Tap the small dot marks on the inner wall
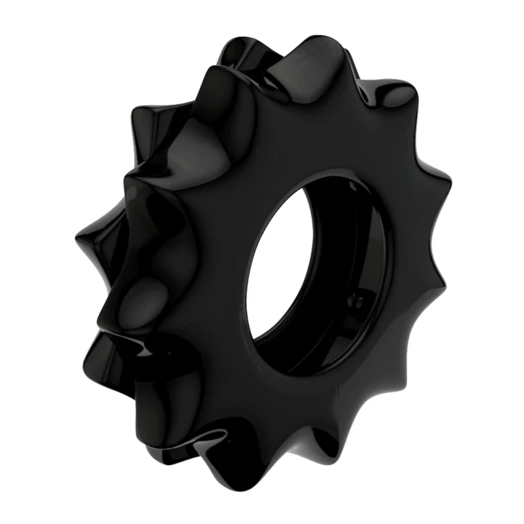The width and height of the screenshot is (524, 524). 354,298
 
